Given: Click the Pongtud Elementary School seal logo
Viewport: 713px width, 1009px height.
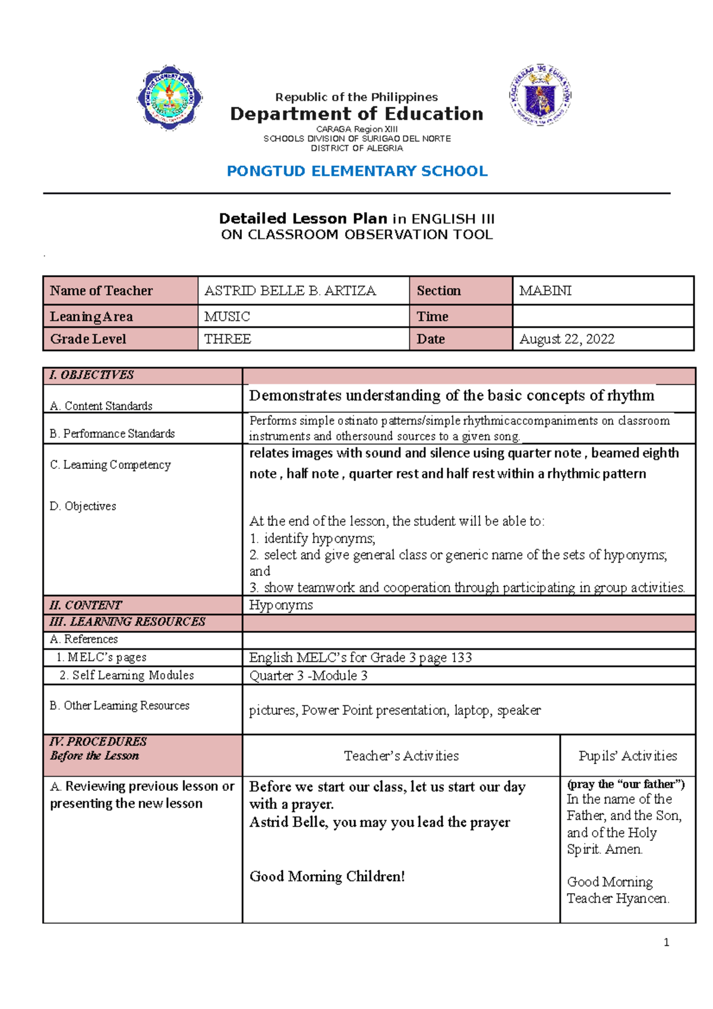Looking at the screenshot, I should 170,97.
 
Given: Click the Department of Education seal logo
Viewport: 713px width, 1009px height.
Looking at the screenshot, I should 540,95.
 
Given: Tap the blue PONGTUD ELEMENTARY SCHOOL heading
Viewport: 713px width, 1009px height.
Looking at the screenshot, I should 357,171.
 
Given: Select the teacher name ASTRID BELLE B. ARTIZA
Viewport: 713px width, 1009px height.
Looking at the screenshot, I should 290,291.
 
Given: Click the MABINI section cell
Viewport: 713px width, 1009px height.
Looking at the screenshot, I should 545,291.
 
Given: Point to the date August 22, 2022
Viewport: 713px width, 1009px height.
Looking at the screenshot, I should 566,339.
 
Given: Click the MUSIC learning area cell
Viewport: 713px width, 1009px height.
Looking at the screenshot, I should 227,317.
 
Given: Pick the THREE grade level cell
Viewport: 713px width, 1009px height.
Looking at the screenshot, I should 228,339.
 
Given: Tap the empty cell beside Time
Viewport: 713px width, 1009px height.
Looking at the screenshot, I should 602,316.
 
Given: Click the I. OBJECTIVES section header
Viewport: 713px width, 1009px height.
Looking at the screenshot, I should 92,375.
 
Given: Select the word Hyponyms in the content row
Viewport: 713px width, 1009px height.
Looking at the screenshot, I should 280,605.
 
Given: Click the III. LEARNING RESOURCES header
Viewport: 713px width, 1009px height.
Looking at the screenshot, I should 128,622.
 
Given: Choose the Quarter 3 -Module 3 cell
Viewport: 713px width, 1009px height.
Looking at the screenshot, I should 308,676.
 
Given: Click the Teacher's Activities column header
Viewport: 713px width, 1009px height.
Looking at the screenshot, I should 401,756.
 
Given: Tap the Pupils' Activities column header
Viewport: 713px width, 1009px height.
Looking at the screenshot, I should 627,756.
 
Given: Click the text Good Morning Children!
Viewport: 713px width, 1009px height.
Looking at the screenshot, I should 327,876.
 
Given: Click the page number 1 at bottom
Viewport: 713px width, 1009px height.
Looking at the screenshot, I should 666,942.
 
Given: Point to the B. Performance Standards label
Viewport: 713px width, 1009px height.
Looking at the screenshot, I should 112,434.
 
